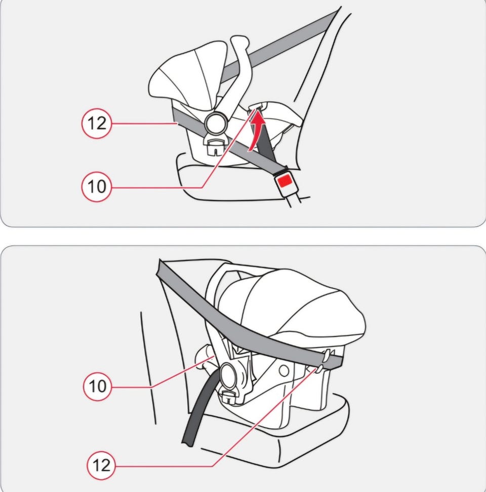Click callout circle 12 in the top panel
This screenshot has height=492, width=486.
click(x=97, y=123)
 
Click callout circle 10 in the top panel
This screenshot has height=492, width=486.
click(x=97, y=187)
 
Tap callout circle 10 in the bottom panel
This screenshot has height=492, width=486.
click(x=97, y=386)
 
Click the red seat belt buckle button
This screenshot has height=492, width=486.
click(x=286, y=181)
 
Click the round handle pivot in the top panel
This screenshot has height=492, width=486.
click(x=216, y=123)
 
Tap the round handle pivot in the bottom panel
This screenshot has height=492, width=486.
click(x=230, y=375)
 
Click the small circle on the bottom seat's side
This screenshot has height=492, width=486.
click(x=283, y=371)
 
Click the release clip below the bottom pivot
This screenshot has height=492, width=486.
click(x=230, y=396)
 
